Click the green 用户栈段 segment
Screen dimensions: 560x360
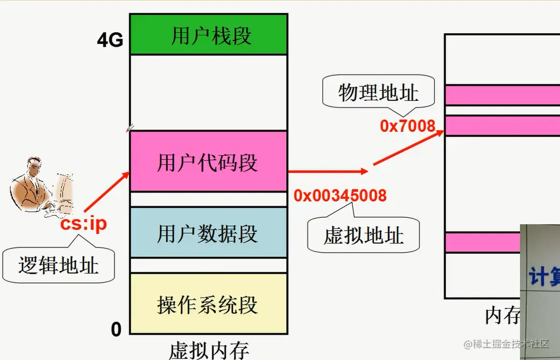pos(208,36)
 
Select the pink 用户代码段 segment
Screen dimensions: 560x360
pos(208,161)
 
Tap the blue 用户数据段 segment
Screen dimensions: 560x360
pos(208,233)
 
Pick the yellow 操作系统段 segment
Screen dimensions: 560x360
pos(208,304)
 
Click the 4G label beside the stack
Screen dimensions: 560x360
pos(110,41)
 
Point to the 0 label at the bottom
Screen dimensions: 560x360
pos(116,329)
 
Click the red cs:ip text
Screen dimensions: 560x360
pos(84,224)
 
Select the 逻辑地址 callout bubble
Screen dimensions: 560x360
pos(58,265)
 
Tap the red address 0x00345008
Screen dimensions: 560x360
pos(340,195)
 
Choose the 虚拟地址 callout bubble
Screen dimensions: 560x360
pos(363,235)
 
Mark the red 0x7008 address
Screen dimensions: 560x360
pos(408,126)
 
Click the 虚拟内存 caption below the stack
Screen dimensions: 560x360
pos(209,350)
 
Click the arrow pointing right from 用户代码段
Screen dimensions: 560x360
pos(327,172)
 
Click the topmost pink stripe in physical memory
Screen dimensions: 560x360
pos(502,95)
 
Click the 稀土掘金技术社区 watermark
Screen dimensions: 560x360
pos(507,343)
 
